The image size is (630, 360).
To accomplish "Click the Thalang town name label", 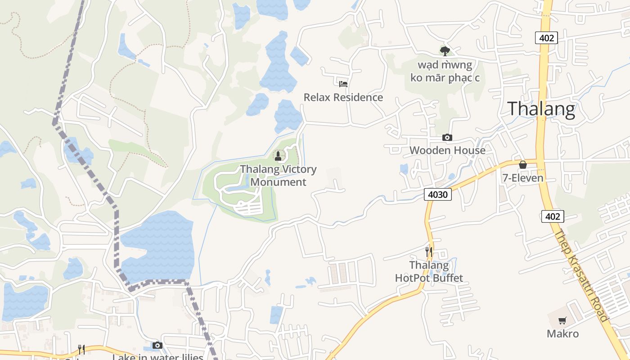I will (541, 109).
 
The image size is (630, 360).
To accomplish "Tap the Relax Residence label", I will (343, 97).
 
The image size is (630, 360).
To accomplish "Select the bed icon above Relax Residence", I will (343, 84).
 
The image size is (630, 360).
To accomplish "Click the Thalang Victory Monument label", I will (278, 175).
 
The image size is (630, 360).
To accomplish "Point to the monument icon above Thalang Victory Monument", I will (278, 156).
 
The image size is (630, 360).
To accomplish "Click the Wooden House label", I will (447, 150).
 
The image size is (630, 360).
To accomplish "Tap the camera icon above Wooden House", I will (447, 137).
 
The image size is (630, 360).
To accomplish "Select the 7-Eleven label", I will (523, 178).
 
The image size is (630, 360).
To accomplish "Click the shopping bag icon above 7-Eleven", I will (523, 165).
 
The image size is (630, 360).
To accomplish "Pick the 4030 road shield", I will (438, 194).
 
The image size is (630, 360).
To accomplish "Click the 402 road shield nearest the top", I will (546, 38).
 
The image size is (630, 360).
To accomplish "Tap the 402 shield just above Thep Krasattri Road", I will (552, 216).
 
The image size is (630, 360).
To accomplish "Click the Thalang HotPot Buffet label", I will (429, 271).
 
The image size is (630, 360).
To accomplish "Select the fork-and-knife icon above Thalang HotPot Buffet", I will (429, 252).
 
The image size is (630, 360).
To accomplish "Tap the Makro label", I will (562, 333).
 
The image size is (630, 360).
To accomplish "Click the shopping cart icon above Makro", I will (562, 321).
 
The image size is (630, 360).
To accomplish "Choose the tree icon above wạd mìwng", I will (445, 51).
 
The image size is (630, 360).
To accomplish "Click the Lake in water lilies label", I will (157, 357).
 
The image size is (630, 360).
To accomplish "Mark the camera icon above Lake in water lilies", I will (157, 345).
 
